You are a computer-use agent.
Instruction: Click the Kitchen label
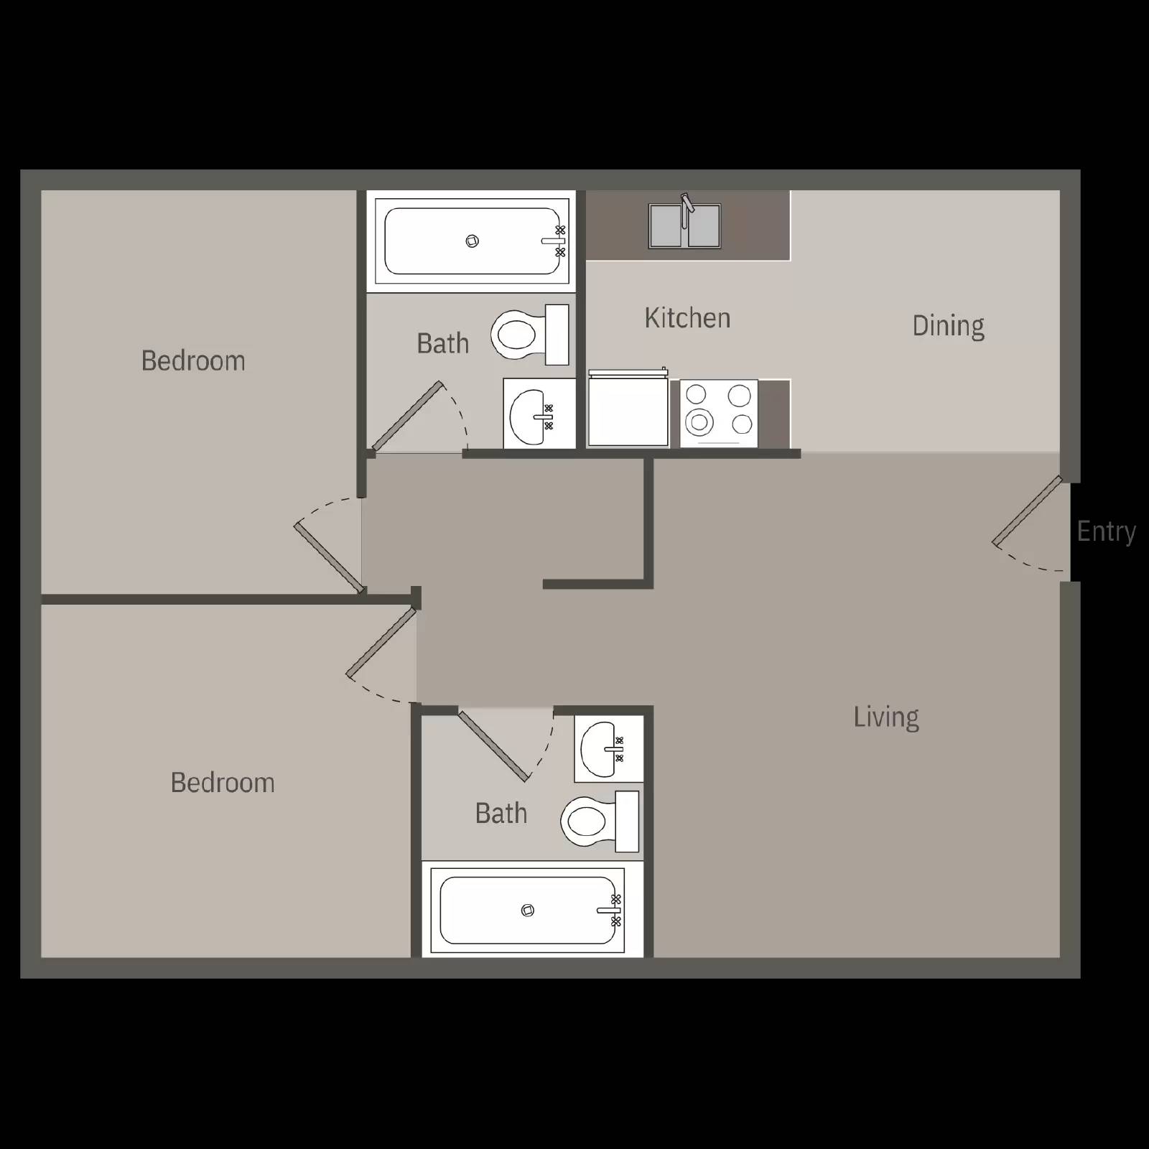tap(687, 318)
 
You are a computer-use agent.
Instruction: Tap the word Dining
tap(948, 326)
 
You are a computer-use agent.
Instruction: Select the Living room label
tap(886, 717)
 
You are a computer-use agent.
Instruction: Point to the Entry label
tap(1106, 531)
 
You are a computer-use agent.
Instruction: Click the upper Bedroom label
tap(193, 360)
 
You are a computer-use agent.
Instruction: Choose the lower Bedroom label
tap(223, 783)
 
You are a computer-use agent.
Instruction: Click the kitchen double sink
tap(684, 225)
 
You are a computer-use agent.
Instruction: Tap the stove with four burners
tap(719, 413)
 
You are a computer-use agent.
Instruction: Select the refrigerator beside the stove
tap(628, 409)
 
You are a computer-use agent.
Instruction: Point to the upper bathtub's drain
tap(472, 241)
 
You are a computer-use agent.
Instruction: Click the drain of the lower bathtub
tap(528, 911)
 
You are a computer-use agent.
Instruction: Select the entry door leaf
tap(1027, 511)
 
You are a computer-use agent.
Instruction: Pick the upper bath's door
tap(407, 417)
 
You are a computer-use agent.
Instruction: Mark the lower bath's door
tap(494, 745)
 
